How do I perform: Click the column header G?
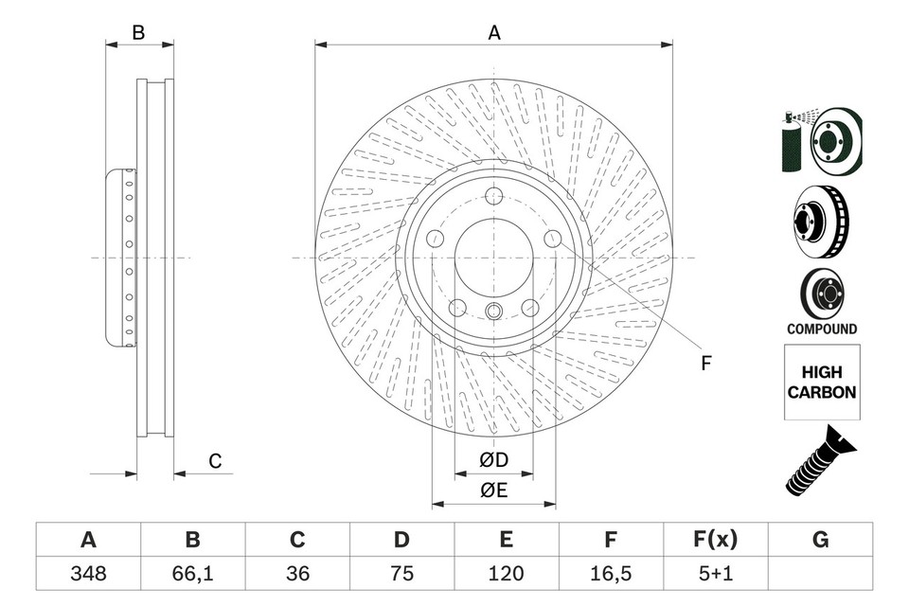pyautogui.click(x=820, y=540)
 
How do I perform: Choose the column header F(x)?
pyautogui.click(x=715, y=540)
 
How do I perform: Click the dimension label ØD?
pyautogui.click(x=493, y=460)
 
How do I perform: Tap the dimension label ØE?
pyautogui.click(x=493, y=490)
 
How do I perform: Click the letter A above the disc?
pyautogui.click(x=493, y=32)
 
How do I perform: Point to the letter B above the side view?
pyautogui.click(x=138, y=32)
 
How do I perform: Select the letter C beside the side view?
pyautogui.click(x=215, y=461)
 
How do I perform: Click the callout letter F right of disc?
pyautogui.click(x=704, y=363)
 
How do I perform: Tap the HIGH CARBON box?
pyautogui.click(x=822, y=383)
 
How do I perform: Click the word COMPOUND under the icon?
pyautogui.click(x=822, y=330)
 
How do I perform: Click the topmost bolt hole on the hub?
pyautogui.click(x=493, y=197)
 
